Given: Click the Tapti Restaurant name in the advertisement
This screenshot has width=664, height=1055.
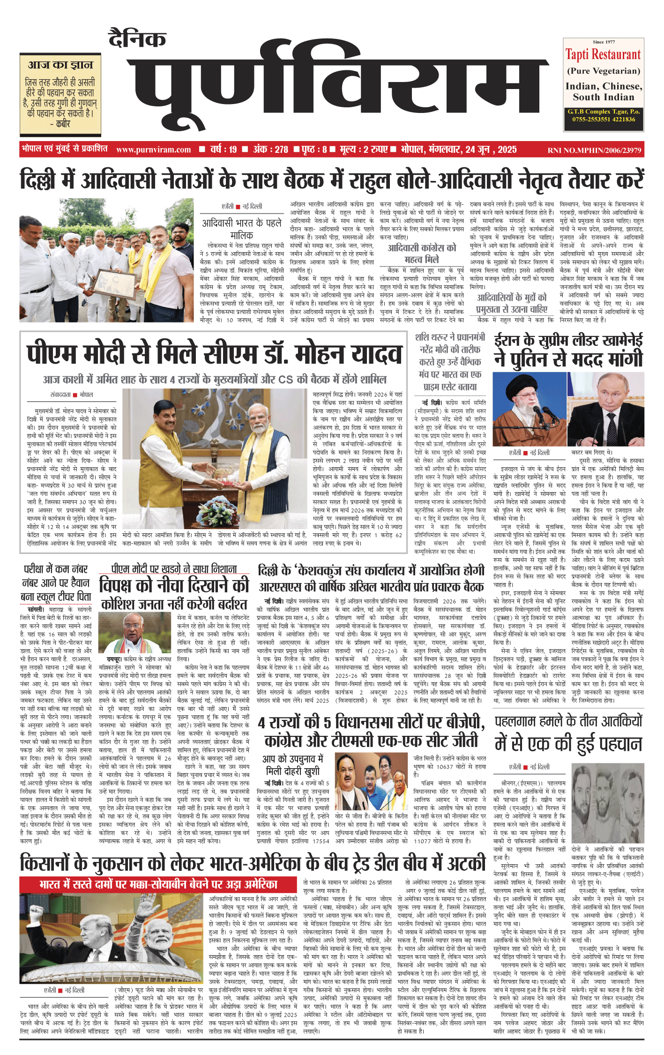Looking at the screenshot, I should [x=603, y=55].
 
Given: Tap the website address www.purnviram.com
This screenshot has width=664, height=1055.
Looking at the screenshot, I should [x=153, y=150].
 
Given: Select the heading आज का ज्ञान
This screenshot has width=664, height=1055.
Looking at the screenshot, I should [x=60, y=65].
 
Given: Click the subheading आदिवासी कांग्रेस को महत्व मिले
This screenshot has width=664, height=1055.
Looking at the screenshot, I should [x=421, y=253].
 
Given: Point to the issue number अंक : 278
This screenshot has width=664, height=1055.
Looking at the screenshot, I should [x=270, y=150].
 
